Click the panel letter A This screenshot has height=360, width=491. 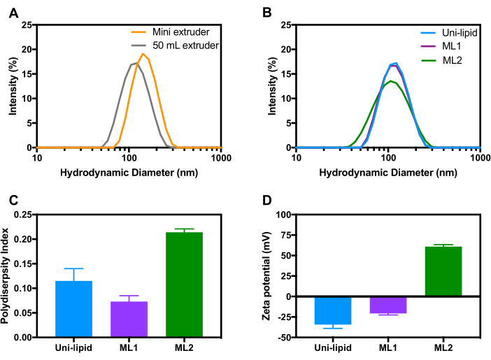(13, 9)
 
